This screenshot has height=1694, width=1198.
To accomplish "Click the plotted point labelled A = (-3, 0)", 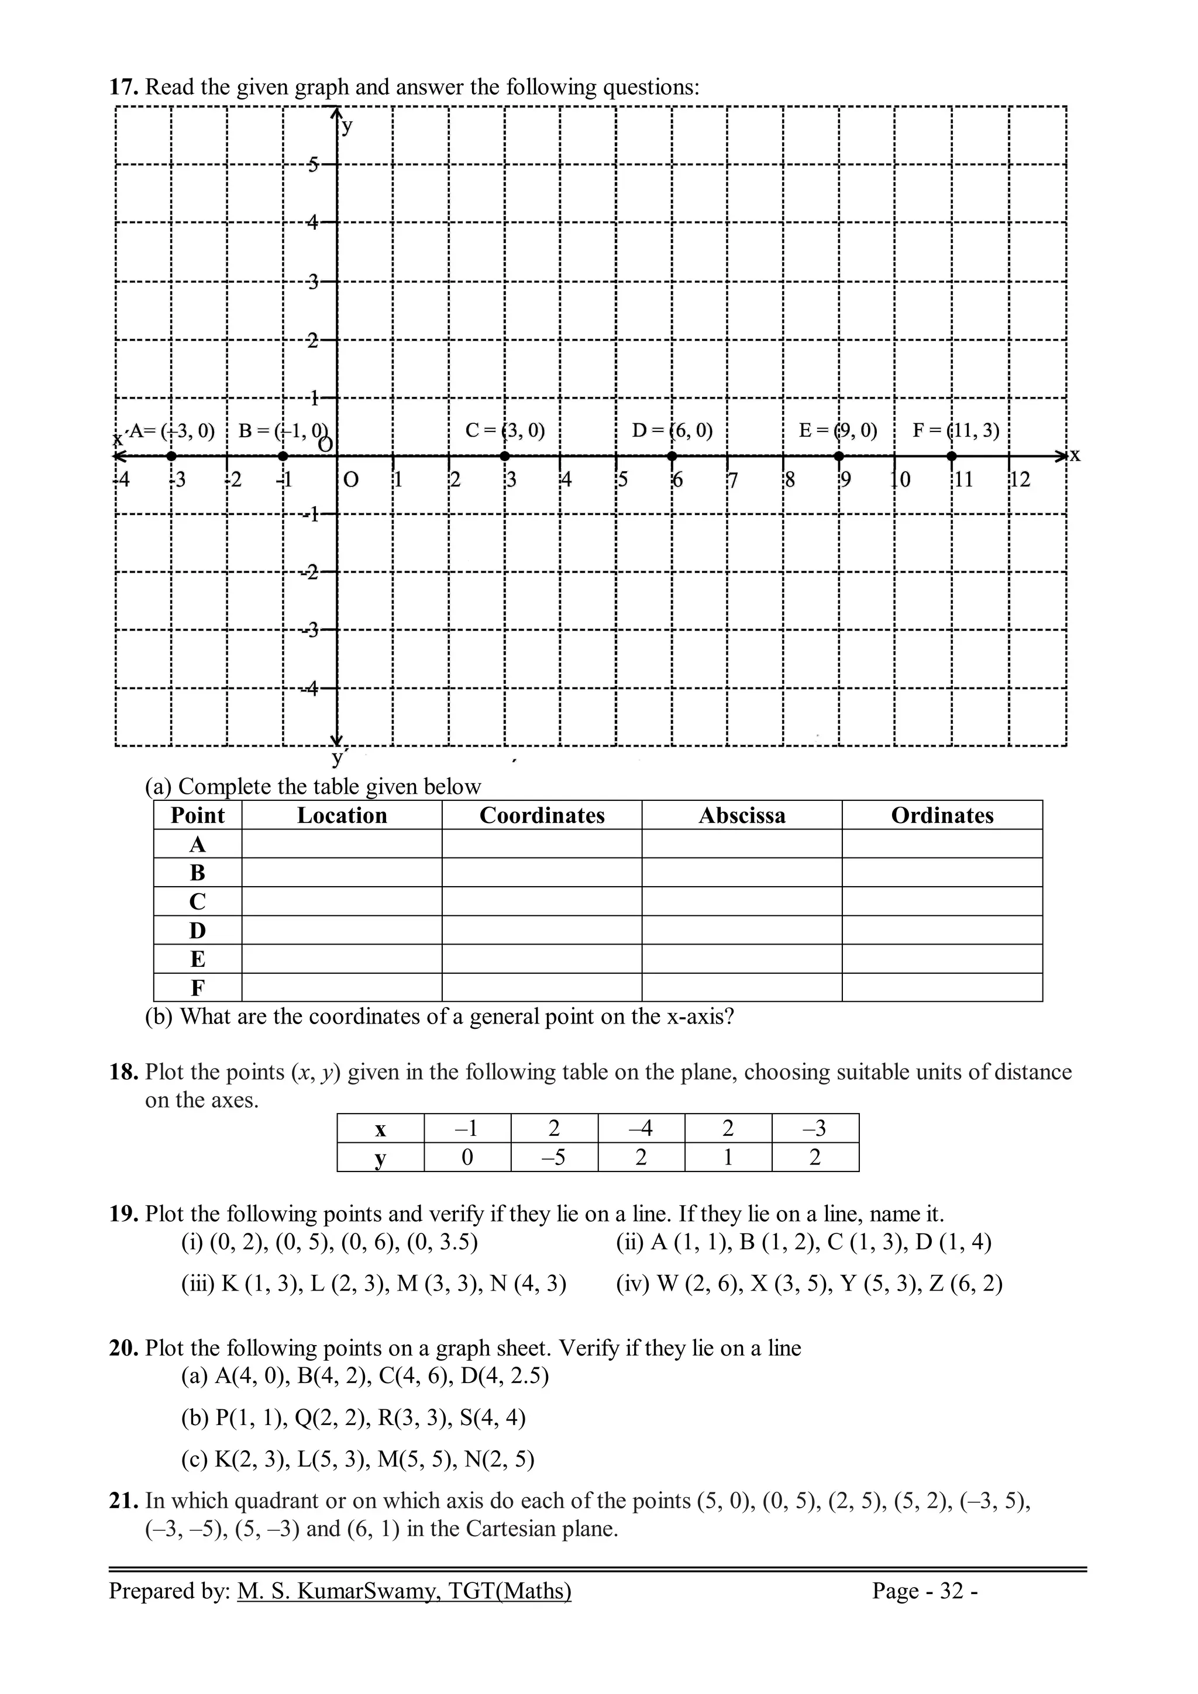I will pyautogui.click(x=171, y=457).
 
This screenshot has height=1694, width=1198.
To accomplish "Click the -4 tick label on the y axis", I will pyautogui.click(x=311, y=689).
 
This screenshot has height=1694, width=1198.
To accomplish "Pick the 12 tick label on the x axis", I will pyautogui.click(x=1020, y=480).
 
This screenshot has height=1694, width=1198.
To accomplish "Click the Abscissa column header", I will pyautogui.click(x=742, y=815).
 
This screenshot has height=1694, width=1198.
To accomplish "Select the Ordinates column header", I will pyautogui.click(x=942, y=815).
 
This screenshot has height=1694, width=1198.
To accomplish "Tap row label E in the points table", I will pyautogui.click(x=197, y=959).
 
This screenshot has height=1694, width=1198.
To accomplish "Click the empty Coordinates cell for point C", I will pyautogui.click(x=542, y=901).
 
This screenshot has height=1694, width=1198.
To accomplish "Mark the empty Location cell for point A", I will pyautogui.click(x=342, y=844).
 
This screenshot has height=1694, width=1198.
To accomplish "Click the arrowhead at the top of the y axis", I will pyautogui.click(x=336, y=113).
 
